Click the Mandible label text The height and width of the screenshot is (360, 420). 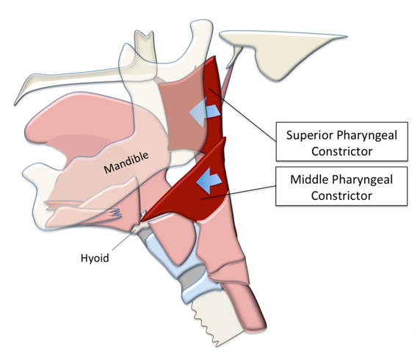pos(126,162)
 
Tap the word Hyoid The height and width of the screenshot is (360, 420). pos(95,258)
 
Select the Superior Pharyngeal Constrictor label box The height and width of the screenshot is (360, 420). pos(341,142)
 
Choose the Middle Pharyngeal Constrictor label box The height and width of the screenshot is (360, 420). pos(341,187)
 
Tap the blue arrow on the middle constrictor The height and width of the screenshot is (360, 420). pos(209,181)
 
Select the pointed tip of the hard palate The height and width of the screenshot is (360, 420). pos(15,104)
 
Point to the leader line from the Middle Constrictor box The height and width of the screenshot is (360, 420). pos(239,192)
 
